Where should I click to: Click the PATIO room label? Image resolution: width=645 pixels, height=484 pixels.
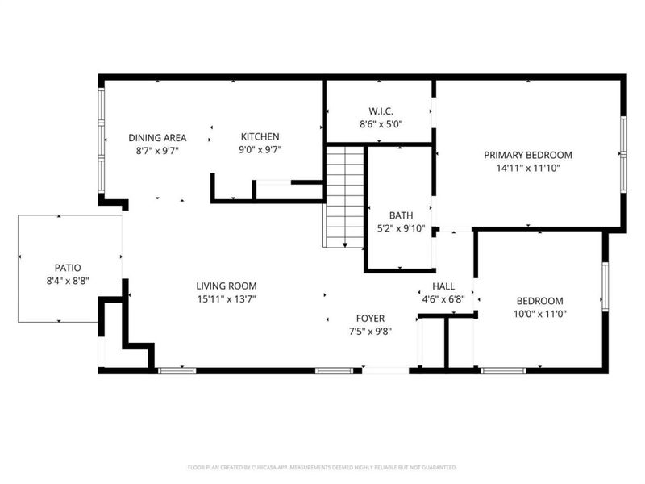click(68, 268)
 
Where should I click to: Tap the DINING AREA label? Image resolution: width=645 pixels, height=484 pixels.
click(157, 137)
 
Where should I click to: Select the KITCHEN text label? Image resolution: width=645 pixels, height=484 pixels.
click(260, 137)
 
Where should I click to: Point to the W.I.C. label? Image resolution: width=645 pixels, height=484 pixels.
click(381, 111)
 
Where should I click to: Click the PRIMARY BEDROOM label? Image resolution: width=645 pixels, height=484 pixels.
click(527, 155)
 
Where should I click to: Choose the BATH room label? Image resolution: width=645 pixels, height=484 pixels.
click(401, 215)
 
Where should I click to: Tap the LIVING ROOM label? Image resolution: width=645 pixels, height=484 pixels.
click(227, 286)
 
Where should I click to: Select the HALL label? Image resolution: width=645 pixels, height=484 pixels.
click(443, 286)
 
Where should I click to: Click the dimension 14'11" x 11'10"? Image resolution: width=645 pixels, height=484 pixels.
click(527, 169)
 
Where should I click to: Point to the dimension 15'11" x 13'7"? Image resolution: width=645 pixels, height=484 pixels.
click(227, 299)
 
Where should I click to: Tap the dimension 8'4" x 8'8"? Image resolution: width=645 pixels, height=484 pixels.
click(68, 282)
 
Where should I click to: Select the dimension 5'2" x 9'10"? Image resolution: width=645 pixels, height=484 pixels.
click(401, 229)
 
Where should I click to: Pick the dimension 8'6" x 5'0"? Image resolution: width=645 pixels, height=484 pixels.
click(381, 125)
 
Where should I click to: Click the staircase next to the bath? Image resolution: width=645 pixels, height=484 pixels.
click(345, 194)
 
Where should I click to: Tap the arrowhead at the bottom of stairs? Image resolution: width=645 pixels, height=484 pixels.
click(345, 244)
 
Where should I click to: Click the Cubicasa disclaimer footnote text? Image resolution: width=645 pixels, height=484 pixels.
click(322, 467)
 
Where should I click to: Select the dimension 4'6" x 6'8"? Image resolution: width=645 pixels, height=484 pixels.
click(443, 300)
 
